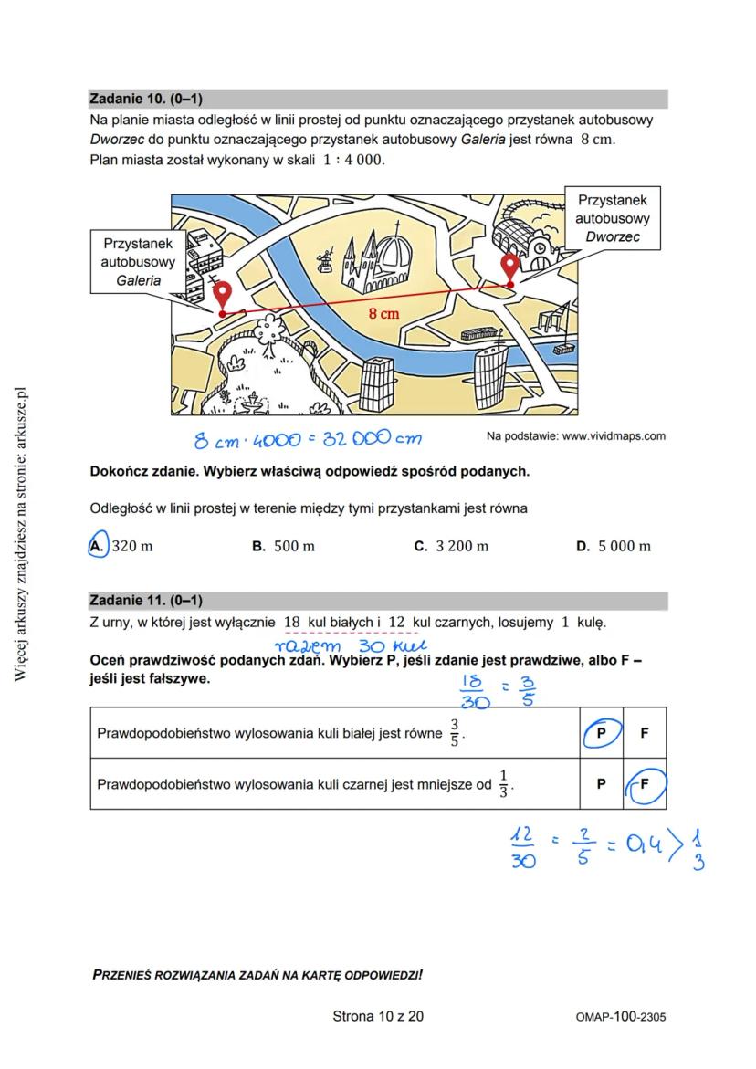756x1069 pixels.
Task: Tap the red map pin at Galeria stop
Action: [x=223, y=297]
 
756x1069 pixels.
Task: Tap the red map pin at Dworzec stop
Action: [x=510, y=268]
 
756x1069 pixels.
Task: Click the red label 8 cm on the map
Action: [x=383, y=313]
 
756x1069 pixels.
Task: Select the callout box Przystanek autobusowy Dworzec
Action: [x=612, y=218]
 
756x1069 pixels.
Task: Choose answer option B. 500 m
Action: [x=283, y=546]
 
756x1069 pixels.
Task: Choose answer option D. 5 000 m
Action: [x=613, y=546]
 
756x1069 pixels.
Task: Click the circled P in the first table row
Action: [x=601, y=733]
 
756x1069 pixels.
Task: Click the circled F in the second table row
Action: [x=645, y=783]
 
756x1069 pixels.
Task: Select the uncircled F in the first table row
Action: [x=645, y=733]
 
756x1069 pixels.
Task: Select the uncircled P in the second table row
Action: [x=601, y=783]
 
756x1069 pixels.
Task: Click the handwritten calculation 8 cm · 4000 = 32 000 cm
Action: [x=307, y=439]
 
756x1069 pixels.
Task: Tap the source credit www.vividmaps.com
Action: [x=575, y=436]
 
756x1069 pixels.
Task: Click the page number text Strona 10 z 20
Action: [x=378, y=1016]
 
